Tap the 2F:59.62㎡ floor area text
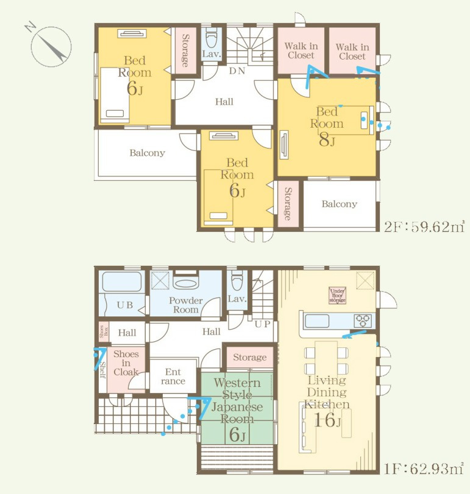424,227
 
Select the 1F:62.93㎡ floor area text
424,469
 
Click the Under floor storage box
338,295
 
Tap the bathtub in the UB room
121,282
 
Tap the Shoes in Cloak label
126,363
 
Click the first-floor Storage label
250,357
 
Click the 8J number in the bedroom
327,141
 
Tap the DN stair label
237,71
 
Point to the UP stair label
262,324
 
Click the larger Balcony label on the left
147,153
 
